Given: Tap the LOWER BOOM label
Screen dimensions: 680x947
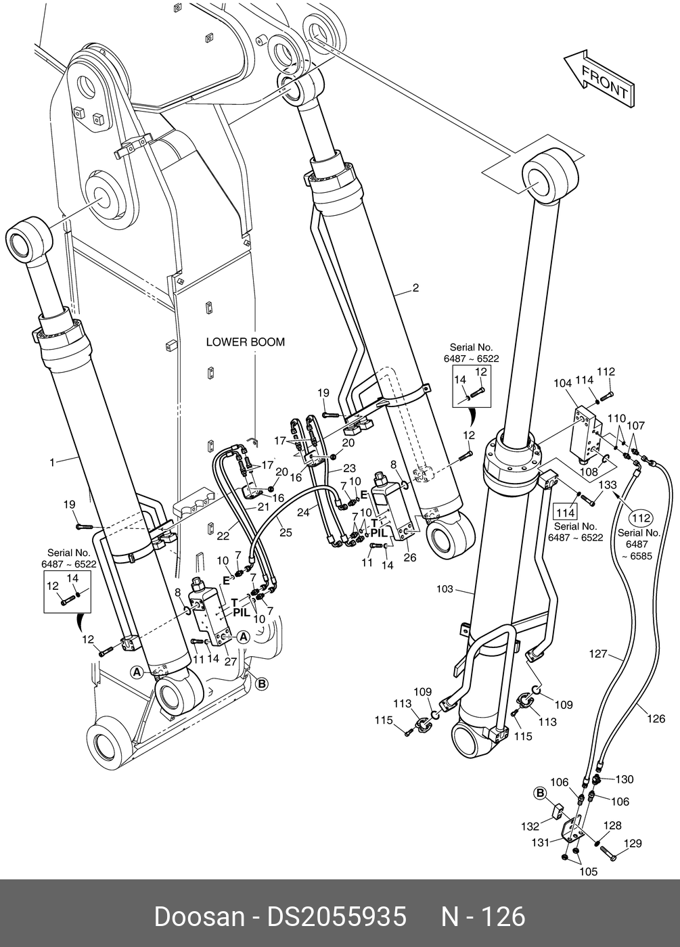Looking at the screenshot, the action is click(x=245, y=342).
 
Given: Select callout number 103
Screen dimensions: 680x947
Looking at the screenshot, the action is click(x=445, y=589).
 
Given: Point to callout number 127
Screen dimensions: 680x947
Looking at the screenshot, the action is click(x=598, y=654).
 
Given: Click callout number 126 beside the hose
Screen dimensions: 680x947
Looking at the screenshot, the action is click(x=656, y=718).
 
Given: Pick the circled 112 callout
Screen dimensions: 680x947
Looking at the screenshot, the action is click(x=641, y=518).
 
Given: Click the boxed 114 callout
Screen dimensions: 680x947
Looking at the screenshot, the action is click(x=566, y=513).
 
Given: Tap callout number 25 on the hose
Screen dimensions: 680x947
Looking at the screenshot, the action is click(x=286, y=532).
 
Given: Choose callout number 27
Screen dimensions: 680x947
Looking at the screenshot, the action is click(x=230, y=662).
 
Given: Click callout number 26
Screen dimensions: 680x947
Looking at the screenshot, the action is click(x=410, y=557).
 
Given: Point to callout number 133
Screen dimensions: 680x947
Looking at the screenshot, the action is click(x=608, y=485).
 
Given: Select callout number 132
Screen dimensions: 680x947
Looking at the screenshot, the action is click(x=530, y=826).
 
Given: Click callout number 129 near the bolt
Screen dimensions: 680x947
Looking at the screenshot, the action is click(x=633, y=844).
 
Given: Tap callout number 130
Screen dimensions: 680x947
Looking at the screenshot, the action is click(x=624, y=779).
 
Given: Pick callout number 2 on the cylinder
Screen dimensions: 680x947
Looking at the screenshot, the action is click(x=415, y=288).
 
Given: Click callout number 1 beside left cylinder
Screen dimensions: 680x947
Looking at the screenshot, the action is click(x=52, y=463).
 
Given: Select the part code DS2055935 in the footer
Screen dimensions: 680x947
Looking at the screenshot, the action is click(x=336, y=917).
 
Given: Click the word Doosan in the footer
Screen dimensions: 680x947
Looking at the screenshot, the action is click(x=199, y=917).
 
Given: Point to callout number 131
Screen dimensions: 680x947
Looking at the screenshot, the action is click(x=540, y=843).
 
